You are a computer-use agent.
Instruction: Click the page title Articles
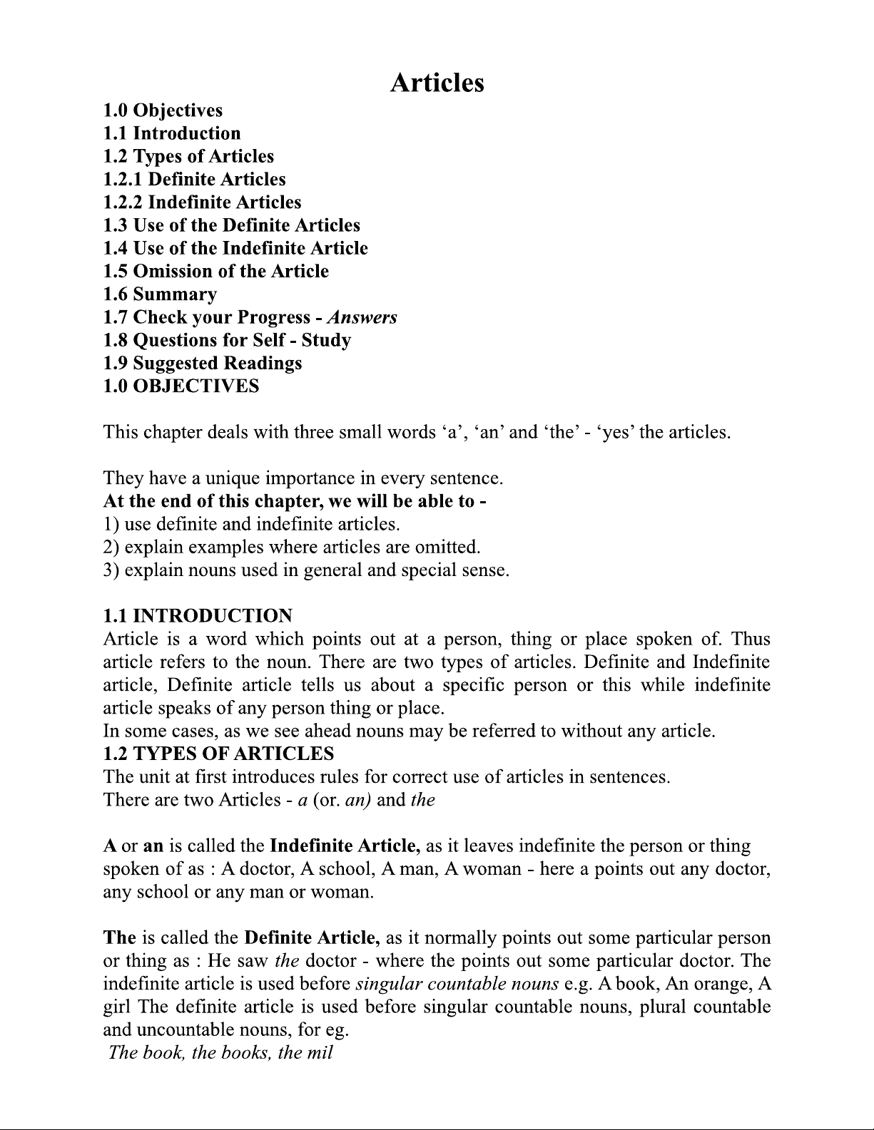click(437, 83)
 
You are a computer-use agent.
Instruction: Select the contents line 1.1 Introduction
click(172, 133)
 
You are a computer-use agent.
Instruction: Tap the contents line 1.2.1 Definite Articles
click(194, 179)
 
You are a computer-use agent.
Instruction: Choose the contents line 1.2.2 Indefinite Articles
click(202, 202)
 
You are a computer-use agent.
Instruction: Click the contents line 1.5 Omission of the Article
click(215, 272)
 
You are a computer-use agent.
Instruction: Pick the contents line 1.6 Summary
click(160, 294)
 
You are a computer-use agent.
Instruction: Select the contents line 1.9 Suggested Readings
click(202, 363)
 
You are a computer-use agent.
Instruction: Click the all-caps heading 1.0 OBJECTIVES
click(181, 386)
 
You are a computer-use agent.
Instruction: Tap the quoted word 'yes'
click(614, 432)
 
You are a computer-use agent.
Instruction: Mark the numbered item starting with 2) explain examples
click(292, 548)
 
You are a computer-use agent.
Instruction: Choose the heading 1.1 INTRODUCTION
click(198, 616)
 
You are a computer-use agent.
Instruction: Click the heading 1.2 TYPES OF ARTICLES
click(218, 754)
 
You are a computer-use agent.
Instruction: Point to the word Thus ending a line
click(751, 639)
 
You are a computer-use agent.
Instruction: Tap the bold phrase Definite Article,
click(311, 938)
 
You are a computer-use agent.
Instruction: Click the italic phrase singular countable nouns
click(457, 984)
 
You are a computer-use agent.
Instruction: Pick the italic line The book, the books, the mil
click(220, 1053)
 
